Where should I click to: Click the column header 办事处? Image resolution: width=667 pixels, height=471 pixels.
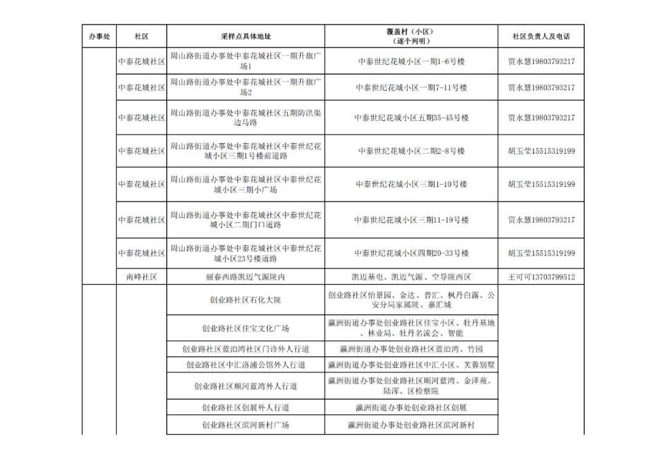pyautogui.click(x=99, y=36)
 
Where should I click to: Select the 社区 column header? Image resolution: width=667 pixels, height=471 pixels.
pyautogui.click(x=141, y=36)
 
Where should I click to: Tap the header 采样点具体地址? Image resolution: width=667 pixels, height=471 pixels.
pyautogui.click(x=245, y=36)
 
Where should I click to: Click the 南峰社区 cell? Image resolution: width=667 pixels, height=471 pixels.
pyautogui.click(x=141, y=277)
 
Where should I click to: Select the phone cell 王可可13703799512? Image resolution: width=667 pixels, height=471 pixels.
pyautogui.click(x=541, y=277)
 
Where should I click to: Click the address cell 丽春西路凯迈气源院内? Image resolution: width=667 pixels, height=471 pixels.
pyautogui.click(x=245, y=277)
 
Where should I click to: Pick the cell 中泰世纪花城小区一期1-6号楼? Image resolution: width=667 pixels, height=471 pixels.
pyautogui.click(x=411, y=62)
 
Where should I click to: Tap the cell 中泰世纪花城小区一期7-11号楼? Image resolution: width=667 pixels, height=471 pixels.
pyautogui.click(x=411, y=88)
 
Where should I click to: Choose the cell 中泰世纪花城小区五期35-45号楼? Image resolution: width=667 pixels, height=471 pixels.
pyautogui.click(x=411, y=117)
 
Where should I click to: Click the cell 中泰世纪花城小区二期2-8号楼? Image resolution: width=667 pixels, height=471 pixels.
pyautogui.click(x=411, y=151)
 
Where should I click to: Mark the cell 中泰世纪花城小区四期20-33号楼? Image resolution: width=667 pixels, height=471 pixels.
pyautogui.click(x=411, y=253)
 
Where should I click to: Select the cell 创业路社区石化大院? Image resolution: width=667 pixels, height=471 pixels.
pyautogui.click(x=245, y=300)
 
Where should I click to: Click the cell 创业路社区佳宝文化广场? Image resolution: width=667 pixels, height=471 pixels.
pyautogui.click(x=245, y=328)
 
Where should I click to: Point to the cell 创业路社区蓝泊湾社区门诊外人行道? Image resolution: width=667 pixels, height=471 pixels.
pyautogui.click(x=245, y=349)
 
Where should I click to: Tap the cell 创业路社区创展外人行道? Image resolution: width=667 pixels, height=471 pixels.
pyautogui.click(x=245, y=407)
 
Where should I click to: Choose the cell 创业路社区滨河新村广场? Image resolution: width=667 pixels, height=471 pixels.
pyautogui.click(x=245, y=425)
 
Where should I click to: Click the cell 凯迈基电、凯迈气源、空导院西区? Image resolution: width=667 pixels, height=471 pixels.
pyautogui.click(x=411, y=277)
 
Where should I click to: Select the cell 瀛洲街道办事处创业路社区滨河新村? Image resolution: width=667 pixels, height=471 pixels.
pyautogui.click(x=411, y=425)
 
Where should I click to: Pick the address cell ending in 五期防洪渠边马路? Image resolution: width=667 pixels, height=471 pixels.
pyautogui.click(x=245, y=117)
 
